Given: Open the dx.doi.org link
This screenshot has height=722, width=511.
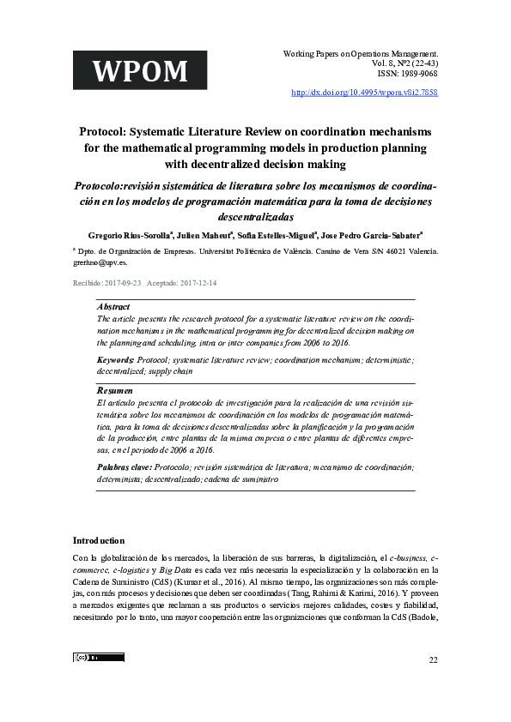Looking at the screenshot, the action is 365,92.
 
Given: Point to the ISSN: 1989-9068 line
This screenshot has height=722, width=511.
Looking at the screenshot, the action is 404,75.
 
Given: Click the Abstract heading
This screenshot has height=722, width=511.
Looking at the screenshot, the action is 114,306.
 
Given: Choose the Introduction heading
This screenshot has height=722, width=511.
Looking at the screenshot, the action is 99,541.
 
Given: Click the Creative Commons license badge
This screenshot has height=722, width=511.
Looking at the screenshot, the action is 99,658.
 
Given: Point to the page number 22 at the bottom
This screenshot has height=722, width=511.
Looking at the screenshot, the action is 432,659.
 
